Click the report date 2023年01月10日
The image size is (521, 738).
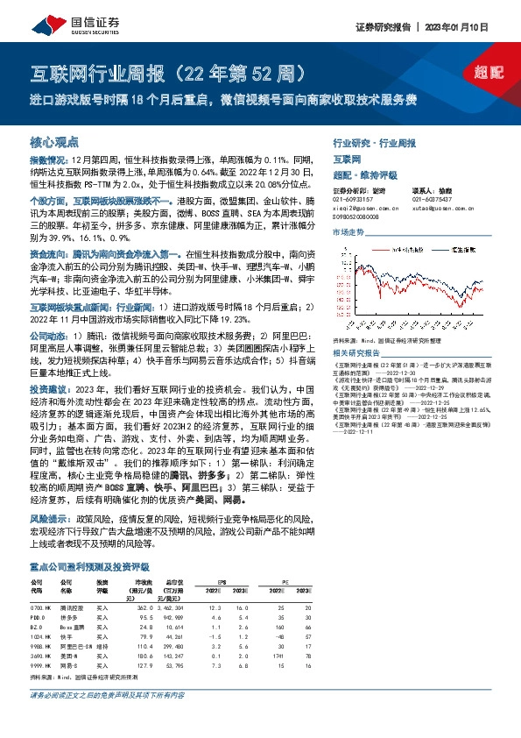point(477,27)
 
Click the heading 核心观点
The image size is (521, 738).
point(54,141)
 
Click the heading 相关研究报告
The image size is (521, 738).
point(355,353)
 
